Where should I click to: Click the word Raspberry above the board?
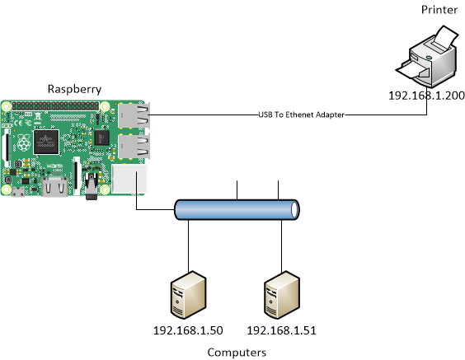[x=74, y=88]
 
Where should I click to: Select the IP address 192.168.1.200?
[x=426, y=96]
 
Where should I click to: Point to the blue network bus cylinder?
[x=237, y=211]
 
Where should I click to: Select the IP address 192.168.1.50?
[x=189, y=331]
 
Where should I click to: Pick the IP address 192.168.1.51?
[x=282, y=331]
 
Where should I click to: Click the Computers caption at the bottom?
[x=237, y=353]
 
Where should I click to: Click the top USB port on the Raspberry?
[x=133, y=116]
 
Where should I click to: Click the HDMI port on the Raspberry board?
[x=57, y=188]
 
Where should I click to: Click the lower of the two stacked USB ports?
[x=133, y=147]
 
